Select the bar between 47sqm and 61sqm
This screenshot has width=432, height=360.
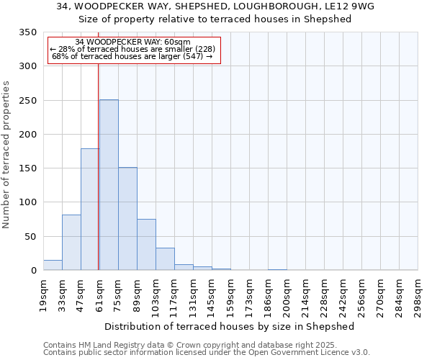90,210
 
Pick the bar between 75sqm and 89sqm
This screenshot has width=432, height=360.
127,219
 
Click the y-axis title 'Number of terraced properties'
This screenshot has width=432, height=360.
6,155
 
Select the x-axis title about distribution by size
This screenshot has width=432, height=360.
230,326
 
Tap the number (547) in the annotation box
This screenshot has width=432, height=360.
195,56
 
